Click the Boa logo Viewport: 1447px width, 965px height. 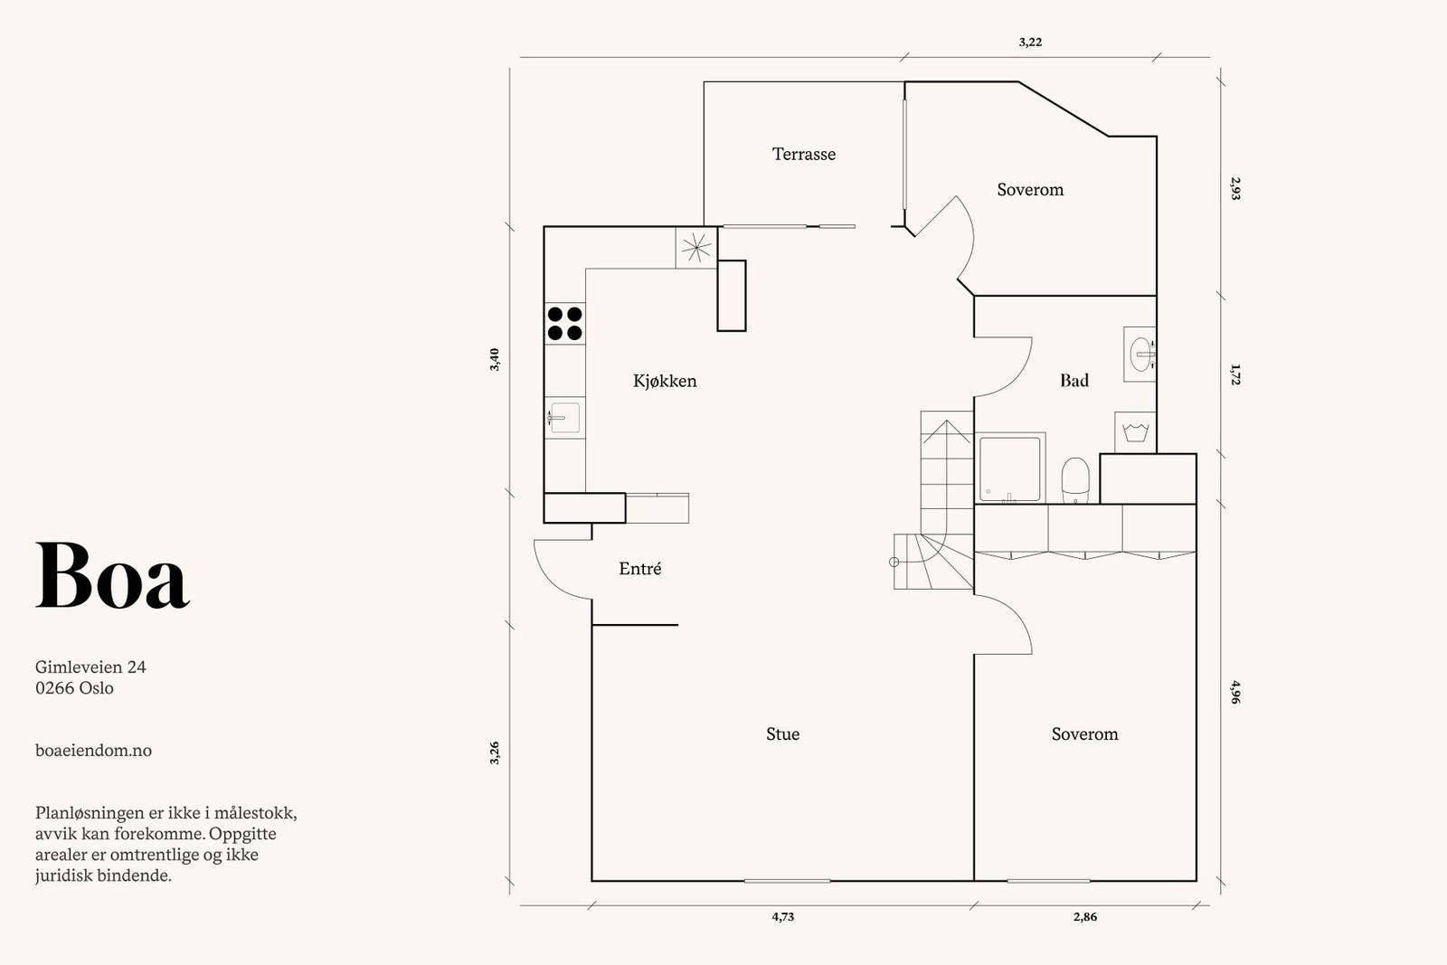pyautogui.click(x=112, y=575)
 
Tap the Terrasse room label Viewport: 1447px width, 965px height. pyautogui.click(x=804, y=154)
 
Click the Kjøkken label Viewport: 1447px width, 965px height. pyautogui.click(x=665, y=381)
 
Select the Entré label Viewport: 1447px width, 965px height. pyautogui.click(x=639, y=568)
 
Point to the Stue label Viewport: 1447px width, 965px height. pyautogui.click(x=782, y=733)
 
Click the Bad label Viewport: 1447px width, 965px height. pyautogui.click(x=1074, y=381)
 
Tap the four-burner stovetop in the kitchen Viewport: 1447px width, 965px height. pyautogui.click(x=564, y=324)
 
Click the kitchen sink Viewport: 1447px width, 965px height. pyautogui.click(x=564, y=417)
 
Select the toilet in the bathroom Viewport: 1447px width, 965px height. pyautogui.click(x=1075, y=480)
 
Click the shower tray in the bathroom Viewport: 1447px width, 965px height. pyautogui.click(x=1009, y=469)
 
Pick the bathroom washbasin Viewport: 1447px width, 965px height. pyautogui.click(x=1140, y=354)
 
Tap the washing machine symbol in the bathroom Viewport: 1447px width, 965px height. pyautogui.click(x=1135, y=431)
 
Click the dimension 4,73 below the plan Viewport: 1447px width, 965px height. pyautogui.click(x=782, y=916)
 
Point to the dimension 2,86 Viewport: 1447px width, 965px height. pyautogui.click(x=1085, y=916)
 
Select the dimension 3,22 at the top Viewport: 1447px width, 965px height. pyautogui.click(x=1030, y=42)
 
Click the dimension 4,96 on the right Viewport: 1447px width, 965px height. pyautogui.click(x=1235, y=692)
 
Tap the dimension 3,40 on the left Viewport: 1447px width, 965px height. pyautogui.click(x=495, y=360)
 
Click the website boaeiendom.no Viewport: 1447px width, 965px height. pyautogui.click(x=94, y=750)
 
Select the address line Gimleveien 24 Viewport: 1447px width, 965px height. pyautogui.click(x=90, y=667)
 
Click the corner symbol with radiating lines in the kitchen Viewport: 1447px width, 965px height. pyautogui.click(x=696, y=248)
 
